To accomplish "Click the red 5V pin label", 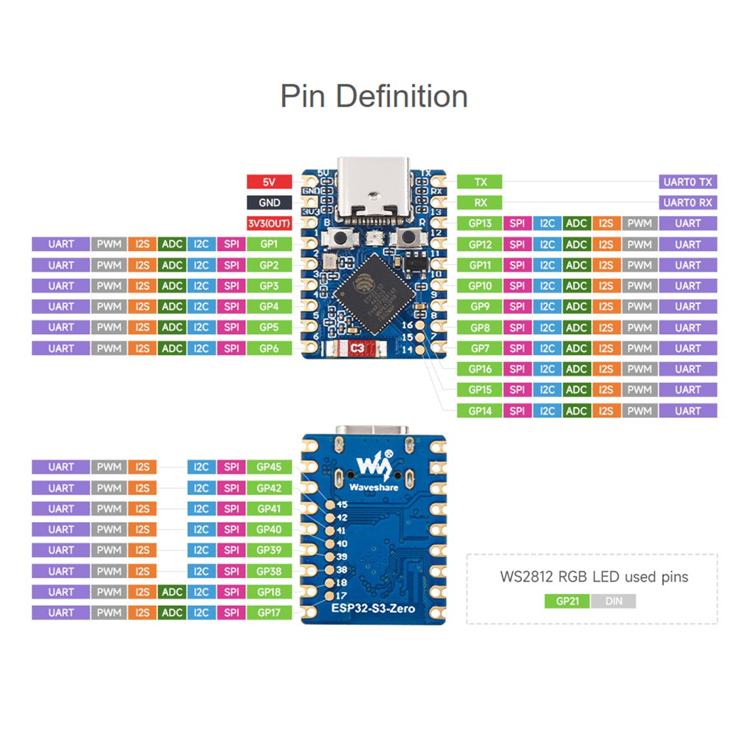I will (x=268, y=182).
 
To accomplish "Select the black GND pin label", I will (x=268, y=202).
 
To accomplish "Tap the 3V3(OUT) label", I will (x=268, y=223).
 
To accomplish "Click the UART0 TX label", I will (x=687, y=182).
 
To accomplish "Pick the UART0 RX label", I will (x=687, y=202).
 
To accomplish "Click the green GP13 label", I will (x=480, y=223).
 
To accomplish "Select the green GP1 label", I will (x=268, y=244).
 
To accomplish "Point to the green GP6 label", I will (x=268, y=348).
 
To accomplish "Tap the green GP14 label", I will (x=480, y=411).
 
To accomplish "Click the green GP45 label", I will (x=268, y=467).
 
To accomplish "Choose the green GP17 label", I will (x=268, y=612).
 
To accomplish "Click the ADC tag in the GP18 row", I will (x=172, y=592).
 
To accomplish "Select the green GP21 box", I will (x=567, y=601).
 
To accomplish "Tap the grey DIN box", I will (x=612, y=601).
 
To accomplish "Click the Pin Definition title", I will (x=374, y=96).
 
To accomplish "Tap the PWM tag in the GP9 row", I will (x=640, y=307).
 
